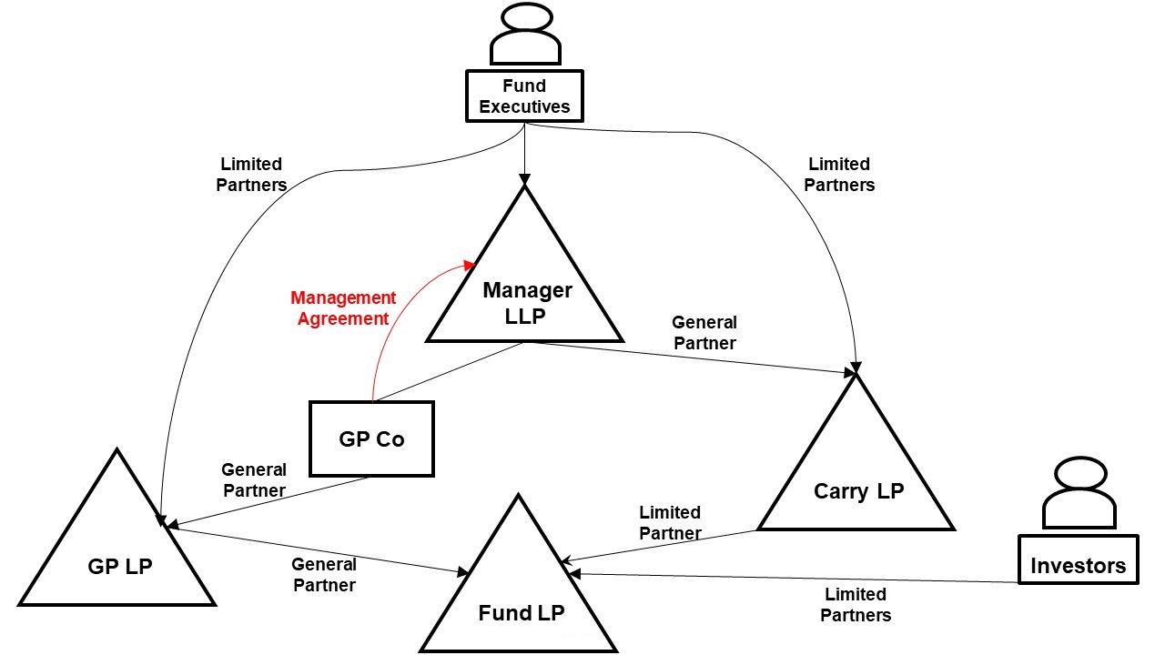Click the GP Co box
click(x=371, y=438)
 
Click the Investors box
click(x=1078, y=566)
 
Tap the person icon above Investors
click(x=1079, y=496)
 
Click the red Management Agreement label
click(x=343, y=308)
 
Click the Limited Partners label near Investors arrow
click(x=856, y=604)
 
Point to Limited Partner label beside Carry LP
click(x=670, y=523)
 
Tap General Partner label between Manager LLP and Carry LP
click(x=704, y=332)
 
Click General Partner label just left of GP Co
click(x=254, y=479)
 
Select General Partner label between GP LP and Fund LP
click(x=323, y=575)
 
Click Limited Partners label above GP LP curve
click(x=251, y=174)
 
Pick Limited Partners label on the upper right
click(x=839, y=174)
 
